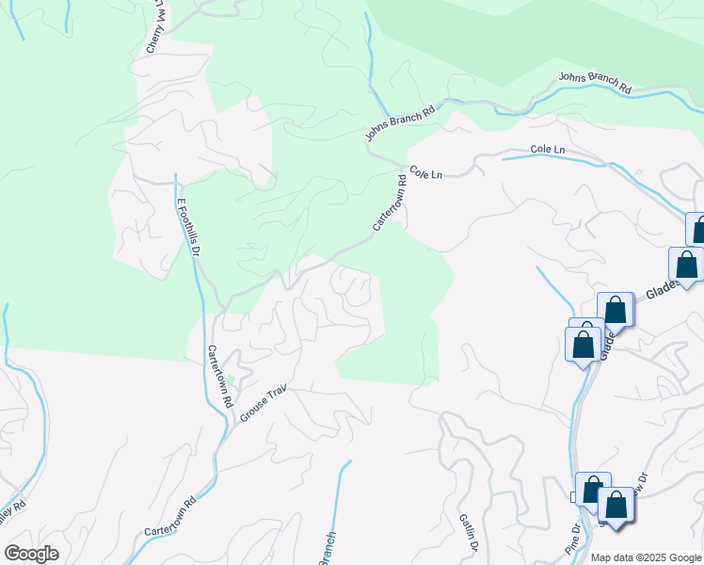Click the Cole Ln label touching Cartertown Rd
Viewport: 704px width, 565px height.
point(425,174)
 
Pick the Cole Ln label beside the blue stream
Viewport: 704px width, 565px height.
point(547,150)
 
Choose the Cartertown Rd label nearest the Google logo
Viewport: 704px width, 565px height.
point(169,517)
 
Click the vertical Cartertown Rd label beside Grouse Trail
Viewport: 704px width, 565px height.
point(219,376)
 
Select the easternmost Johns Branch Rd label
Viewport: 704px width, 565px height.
point(594,82)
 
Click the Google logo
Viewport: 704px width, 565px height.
point(31,554)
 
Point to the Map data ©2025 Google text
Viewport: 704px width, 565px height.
point(645,557)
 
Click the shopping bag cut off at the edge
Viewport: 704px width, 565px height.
point(697,230)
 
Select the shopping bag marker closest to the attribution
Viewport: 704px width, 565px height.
point(616,505)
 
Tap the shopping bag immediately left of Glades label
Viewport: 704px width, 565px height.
point(616,310)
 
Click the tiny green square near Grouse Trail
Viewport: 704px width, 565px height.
point(231,380)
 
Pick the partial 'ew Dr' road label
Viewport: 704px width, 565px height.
point(640,482)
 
